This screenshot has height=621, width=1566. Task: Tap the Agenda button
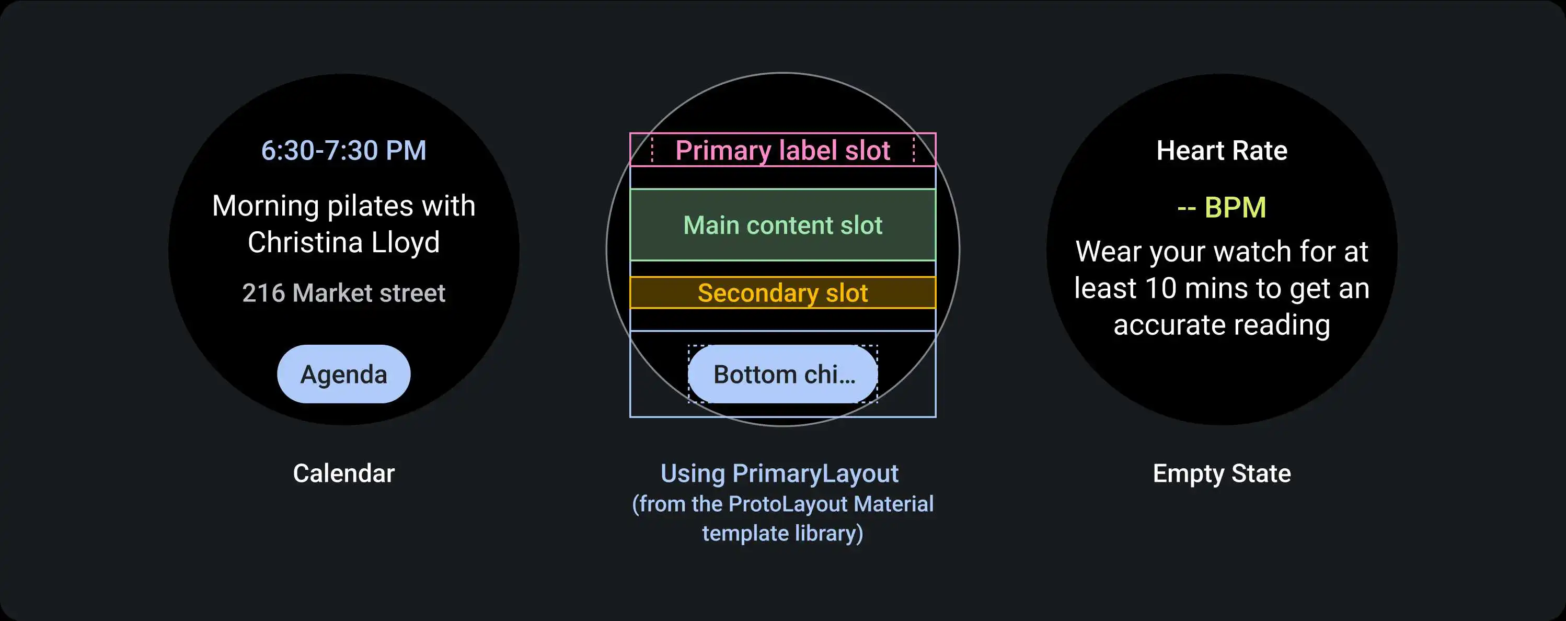[343, 374]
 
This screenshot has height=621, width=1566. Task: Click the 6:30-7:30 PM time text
[343, 150]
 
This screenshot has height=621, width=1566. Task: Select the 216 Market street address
[343, 292]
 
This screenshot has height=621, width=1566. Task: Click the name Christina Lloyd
[343, 242]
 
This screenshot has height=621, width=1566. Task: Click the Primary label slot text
[782, 150]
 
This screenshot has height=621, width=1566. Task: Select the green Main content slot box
[782, 225]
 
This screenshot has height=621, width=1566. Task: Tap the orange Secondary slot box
[782, 292]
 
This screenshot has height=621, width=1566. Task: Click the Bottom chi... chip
[783, 374]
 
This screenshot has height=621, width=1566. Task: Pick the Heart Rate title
[1222, 150]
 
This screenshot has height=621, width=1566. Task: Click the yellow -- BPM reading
[1222, 207]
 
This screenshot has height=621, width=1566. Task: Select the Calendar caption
[343, 473]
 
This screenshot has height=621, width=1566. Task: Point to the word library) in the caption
[828, 534]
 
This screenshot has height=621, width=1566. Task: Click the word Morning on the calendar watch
[265, 206]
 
